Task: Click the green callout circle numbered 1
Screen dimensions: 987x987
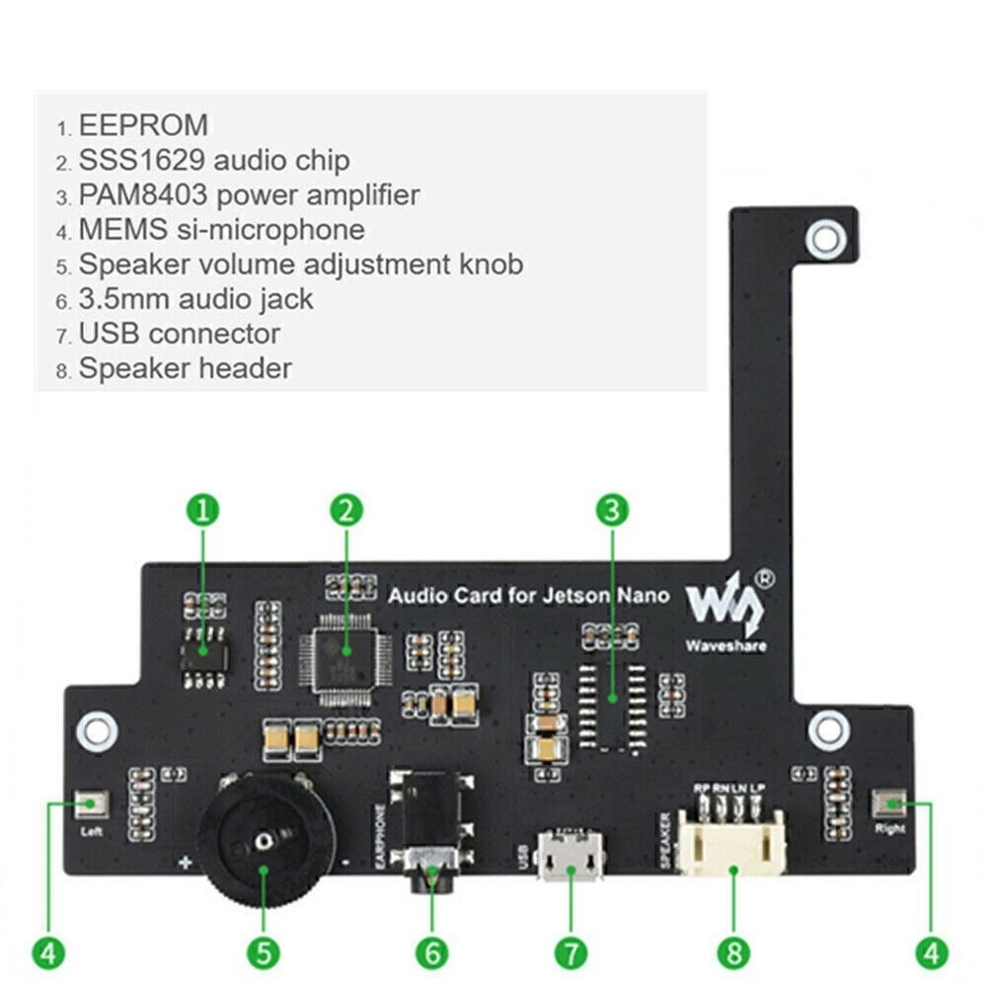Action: [202, 510]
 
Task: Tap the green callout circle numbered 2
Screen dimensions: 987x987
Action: [345, 510]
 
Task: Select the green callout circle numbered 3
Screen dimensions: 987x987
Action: [612, 510]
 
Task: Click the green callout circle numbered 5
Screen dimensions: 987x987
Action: [264, 952]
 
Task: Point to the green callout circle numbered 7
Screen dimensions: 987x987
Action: [570, 952]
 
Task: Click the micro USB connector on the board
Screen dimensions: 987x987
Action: [570, 857]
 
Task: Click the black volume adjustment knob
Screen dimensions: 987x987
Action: [265, 839]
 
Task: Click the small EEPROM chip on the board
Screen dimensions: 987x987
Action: [203, 652]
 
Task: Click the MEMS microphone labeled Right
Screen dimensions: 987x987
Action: [888, 804]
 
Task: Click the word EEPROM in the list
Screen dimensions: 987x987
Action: [143, 125]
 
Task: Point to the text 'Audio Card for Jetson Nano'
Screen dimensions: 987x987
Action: [528, 595]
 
